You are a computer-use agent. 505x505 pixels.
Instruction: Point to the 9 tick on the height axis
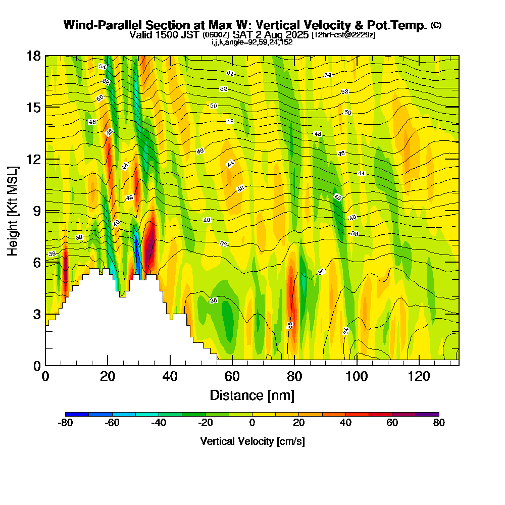45,211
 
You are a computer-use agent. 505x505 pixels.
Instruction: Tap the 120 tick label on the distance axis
419,376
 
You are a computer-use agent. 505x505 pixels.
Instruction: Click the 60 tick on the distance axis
232,365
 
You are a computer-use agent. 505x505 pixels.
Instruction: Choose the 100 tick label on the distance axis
357,376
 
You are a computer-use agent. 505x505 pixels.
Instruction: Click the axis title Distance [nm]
251,394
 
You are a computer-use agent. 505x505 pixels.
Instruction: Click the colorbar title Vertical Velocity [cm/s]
252,441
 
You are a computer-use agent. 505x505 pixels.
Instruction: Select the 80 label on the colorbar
439,423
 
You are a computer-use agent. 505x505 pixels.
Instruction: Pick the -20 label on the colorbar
205,423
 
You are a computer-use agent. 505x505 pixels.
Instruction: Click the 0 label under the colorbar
252,423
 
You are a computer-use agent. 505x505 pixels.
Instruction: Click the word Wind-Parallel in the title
96,25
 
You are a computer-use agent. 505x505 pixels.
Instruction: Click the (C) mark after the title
436,25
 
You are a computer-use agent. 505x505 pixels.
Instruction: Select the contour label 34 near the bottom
346,331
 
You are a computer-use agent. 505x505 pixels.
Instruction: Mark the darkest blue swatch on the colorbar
77,414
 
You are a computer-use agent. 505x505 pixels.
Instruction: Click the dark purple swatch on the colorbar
427,414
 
